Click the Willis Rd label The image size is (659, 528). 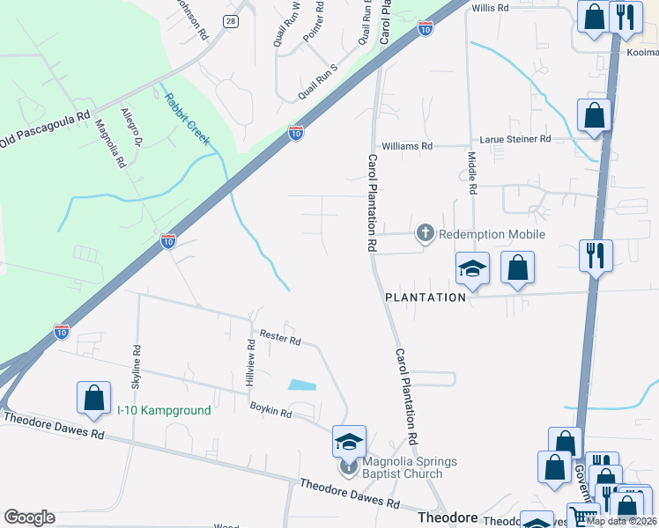pos(491,8)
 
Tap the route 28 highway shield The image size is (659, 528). pos(230,22)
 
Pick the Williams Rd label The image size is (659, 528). pos(407,146)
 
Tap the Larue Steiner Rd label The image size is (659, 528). pos(515,139)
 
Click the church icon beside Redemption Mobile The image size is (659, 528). pos(425,233)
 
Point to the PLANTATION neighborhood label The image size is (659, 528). pos(426,297)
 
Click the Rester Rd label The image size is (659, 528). pos(281,338)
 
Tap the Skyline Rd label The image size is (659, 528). pos(136,366)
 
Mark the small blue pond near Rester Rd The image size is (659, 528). pos(301,385)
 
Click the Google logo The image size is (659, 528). pos(30,517)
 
